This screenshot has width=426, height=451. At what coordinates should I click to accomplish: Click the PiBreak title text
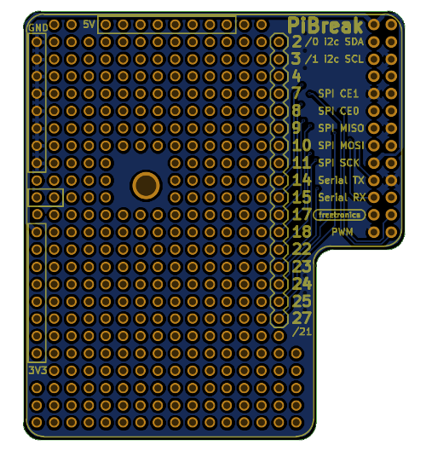pyautogui.click(x=325, y=25)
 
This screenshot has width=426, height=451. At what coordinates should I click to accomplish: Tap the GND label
pyautogui.click(x=37, y=27)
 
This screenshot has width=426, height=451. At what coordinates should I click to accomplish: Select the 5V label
pyautogui.click(x=89, y=25)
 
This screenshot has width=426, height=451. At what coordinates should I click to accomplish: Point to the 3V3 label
pyautogui.click(x=37, y=371)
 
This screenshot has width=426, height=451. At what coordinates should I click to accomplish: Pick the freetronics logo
pyautogui.click(x=340, y=215)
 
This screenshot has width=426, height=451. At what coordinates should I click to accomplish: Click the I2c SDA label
pyautogui.click(x=344, y=42)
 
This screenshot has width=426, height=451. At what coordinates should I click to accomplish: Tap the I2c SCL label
pyautogui.click(x=344, y=59)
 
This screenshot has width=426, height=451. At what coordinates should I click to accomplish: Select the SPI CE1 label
pyautogui.click(x=342, y=94)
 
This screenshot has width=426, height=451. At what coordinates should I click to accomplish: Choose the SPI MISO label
pyautogui.click(x=342, y=128)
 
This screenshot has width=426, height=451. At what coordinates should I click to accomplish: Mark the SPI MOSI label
pyautogui.click(x=342, y=146)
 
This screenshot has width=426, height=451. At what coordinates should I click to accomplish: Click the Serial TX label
pyautogui.click(x=341, y=180)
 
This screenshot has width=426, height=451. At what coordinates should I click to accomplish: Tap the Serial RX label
pyautogui.click(x=341, y=197)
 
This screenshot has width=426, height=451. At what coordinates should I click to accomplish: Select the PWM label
pyautogui.click(x=343, y=232)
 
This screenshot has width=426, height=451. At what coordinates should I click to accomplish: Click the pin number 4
pyautogui.click(x=296, y=76)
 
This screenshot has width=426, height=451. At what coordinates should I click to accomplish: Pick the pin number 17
pyautogui.click(x=302, y=214)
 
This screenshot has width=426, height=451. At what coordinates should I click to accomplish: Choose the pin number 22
pyautogui.click(x=302, y=249)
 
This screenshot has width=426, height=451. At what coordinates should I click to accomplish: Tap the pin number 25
pyautogui.click(x=302, y=301)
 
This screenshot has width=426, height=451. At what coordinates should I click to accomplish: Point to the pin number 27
pyautogui.click(x=302, y=318)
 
